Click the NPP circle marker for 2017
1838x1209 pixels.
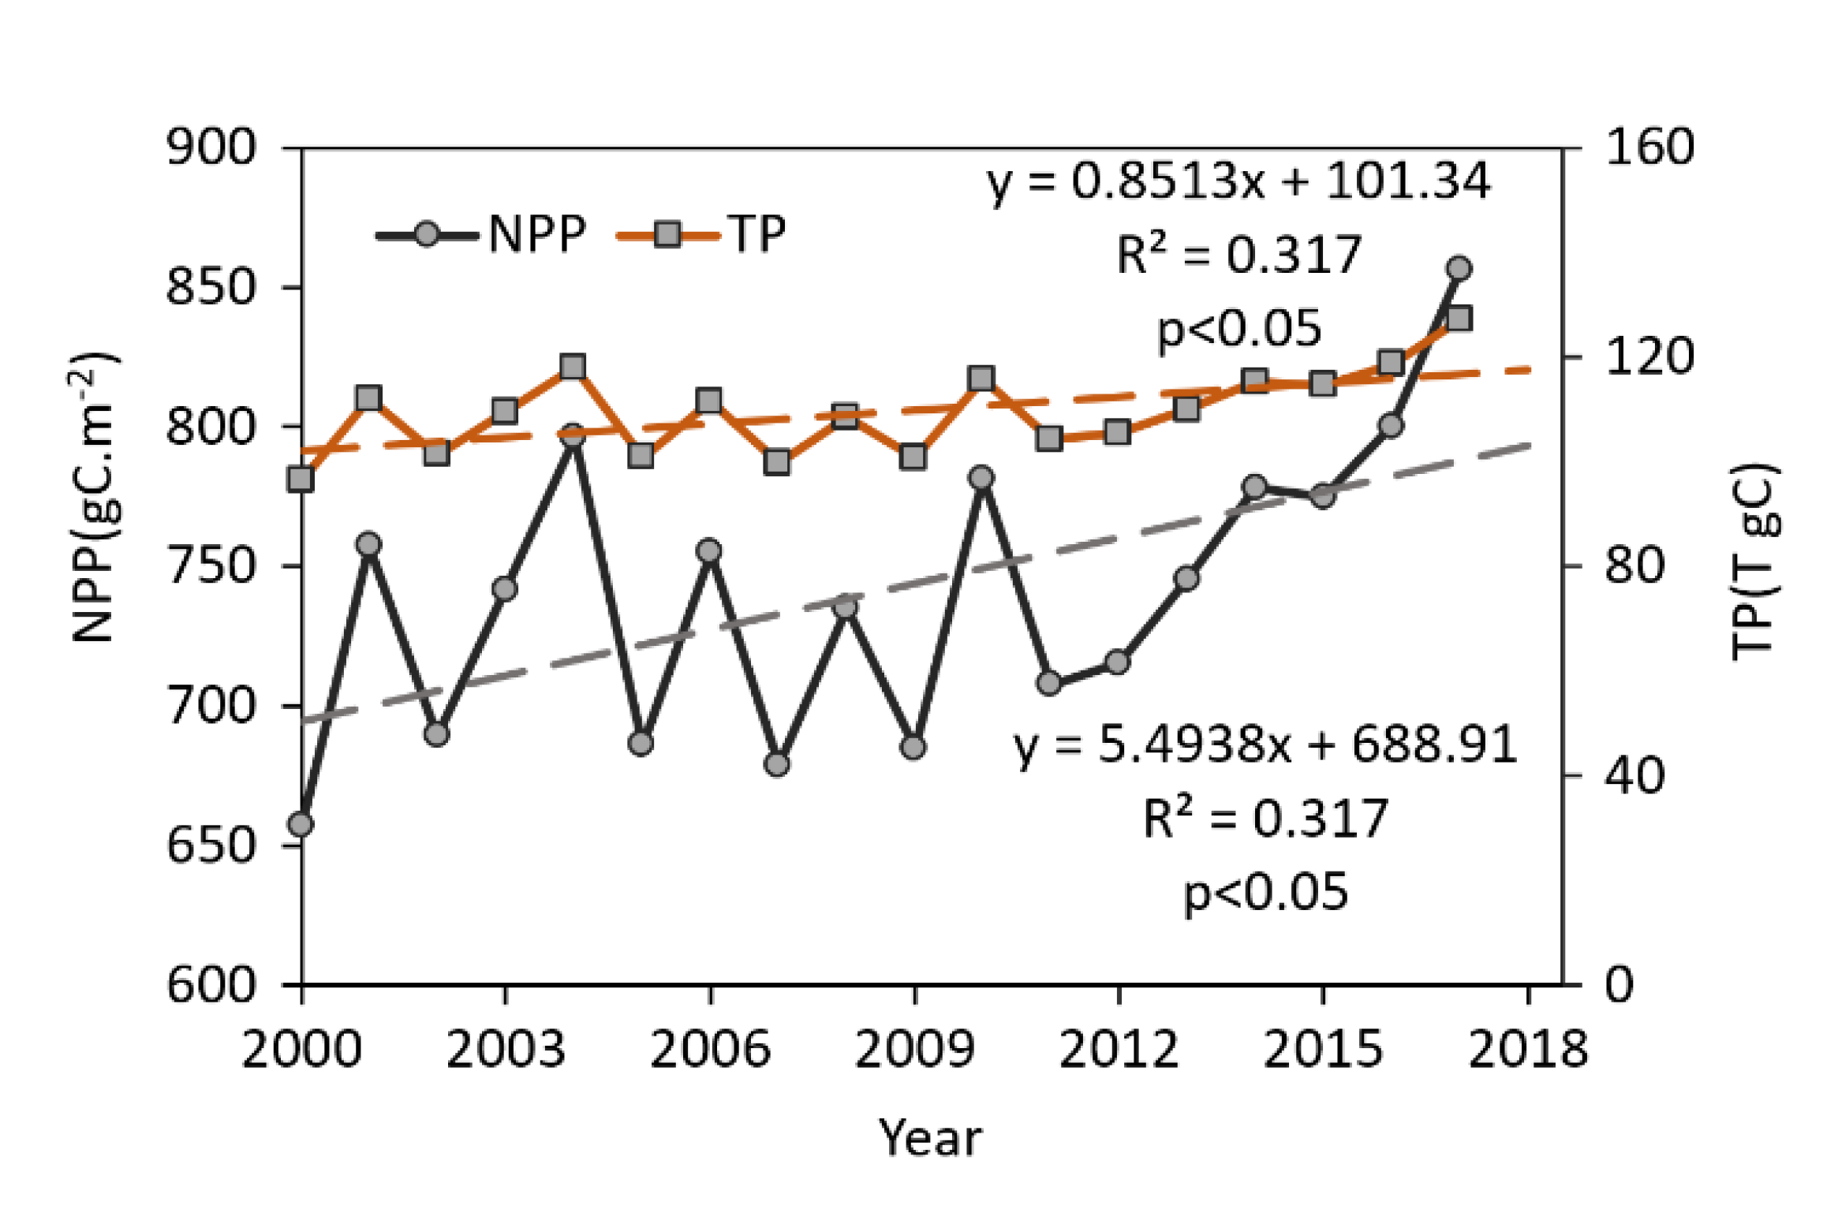click(1459, 269)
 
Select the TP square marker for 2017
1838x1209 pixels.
click(1459, 319)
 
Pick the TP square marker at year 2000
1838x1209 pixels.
click(301, 479)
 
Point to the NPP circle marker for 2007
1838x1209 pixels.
click(777, 764)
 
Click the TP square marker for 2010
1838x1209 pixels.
click(981, 379)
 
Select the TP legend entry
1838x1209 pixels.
click(701, 235)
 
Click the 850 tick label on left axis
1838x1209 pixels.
click(211, 287)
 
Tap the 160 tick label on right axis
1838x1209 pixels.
click(1649, 147)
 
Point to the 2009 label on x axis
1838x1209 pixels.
click(914, 1050)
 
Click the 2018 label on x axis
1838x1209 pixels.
click(1527, 1050)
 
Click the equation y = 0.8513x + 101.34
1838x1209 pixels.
click(1238, 182)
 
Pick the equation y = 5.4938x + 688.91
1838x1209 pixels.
click(1265, 745)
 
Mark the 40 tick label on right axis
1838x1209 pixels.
click(1634, 776)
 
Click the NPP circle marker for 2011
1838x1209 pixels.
click(1049, 683)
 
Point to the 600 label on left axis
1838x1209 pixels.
click(211, 986)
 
